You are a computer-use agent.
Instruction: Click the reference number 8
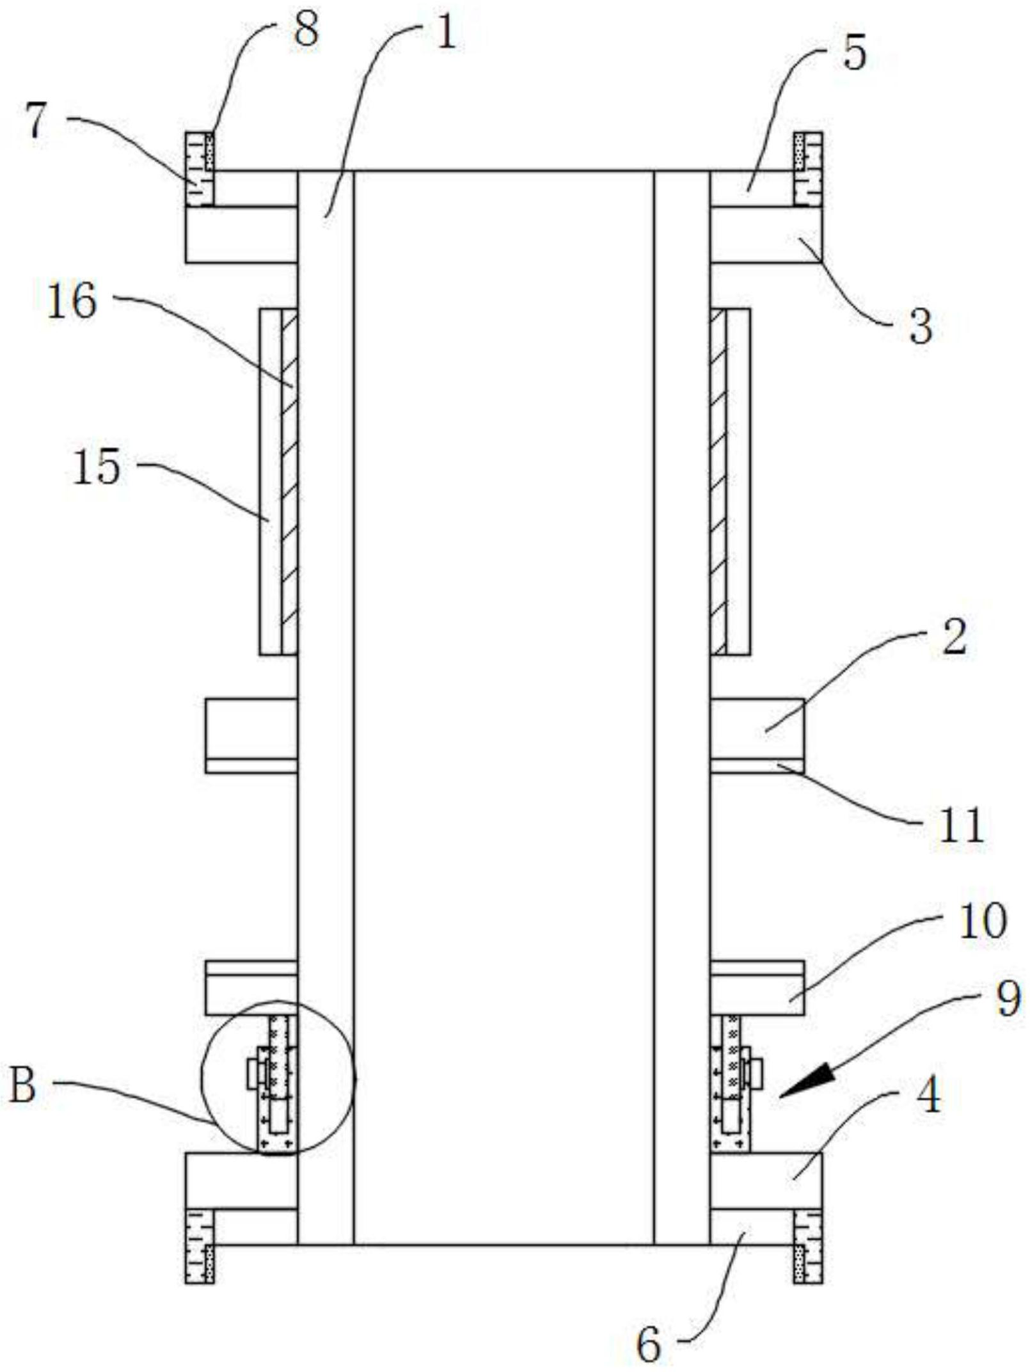click(x=306, y=32)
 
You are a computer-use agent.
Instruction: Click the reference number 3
click(x=921, y=328)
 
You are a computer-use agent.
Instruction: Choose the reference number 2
click(x=954, y=637)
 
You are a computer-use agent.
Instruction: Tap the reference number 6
click(x=648, y=1342)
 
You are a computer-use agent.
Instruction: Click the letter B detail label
click(x=23, y=1086)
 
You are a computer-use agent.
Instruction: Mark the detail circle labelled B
click(x=278, y=1079)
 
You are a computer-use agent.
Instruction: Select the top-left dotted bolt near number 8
click(x=200, y=169)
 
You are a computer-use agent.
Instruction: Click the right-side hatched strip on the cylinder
click(x=718, y=481)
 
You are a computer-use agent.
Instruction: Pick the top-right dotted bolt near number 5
click(x=808, y=169)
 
